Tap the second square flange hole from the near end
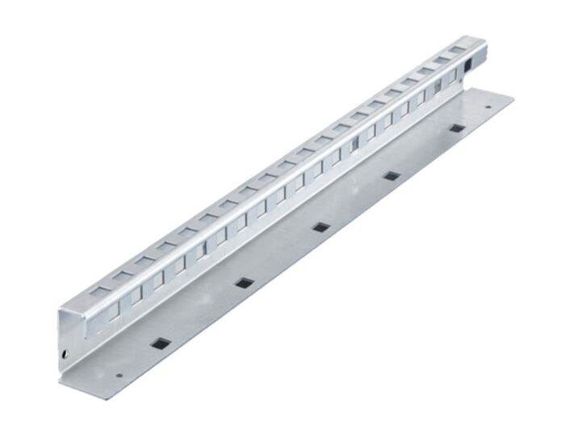(241, 283)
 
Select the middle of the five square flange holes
(320, 227)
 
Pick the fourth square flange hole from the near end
(391, 175)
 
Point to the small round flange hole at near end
(119, 376)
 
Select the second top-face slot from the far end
(442, 58)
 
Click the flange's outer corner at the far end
(513, 95)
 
